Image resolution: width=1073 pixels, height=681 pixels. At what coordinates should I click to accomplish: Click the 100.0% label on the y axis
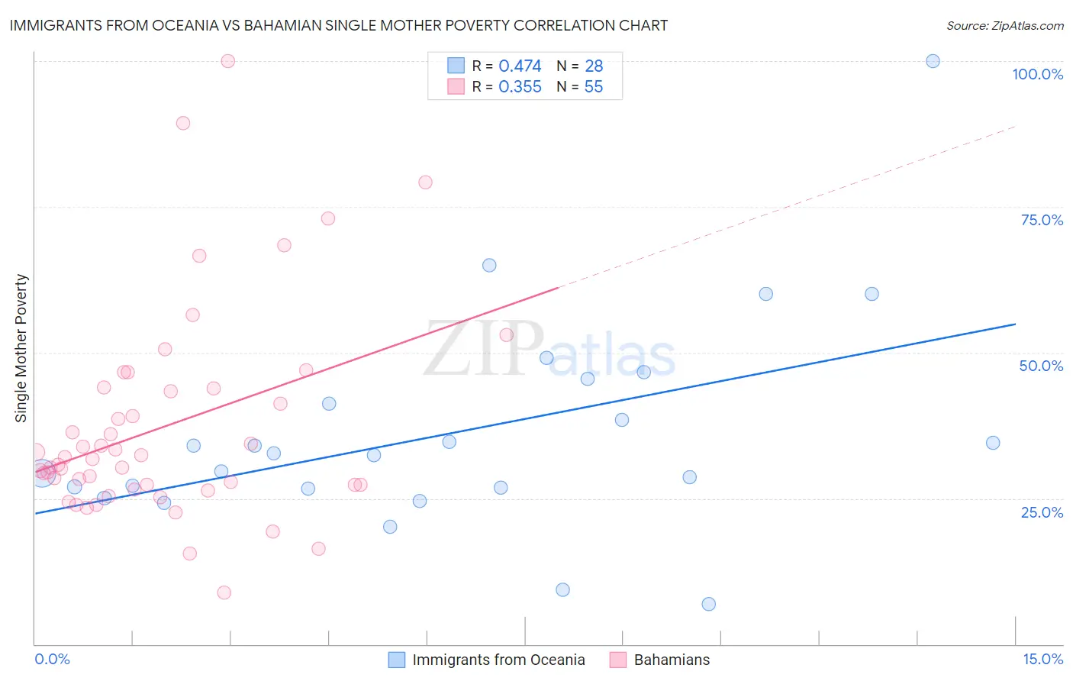click(1037, 74)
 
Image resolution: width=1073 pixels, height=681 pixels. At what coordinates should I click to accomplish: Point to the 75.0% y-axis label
click(1042, 220)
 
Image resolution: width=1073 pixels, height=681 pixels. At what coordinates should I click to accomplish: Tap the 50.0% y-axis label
click(1041, 366)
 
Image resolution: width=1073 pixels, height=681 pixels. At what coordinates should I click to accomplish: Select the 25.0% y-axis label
click(1042, 512)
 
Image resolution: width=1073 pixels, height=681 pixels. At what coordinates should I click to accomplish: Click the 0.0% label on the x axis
click(52, 659)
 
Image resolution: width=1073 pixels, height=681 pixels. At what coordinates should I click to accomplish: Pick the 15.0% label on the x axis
click(1042, 659)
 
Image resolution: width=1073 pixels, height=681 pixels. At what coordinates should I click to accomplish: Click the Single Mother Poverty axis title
click(21, 348)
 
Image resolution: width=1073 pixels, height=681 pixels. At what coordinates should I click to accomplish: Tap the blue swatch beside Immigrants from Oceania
click(397, 660)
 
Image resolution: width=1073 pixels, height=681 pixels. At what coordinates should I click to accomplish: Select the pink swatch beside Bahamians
click(618, 660)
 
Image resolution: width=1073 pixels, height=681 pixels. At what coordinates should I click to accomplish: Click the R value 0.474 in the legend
click(520, 66)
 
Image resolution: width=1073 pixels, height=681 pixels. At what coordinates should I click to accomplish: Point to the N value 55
click(593, 87)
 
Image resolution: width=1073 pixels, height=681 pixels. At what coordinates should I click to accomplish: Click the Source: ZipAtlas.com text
click(1004, 26)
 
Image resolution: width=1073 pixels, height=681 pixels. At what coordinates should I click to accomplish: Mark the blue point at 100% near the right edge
click(933, 61)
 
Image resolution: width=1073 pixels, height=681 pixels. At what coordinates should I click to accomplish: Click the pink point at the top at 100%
click(227, 61)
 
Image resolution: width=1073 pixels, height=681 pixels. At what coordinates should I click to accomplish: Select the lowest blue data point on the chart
click(708, 604)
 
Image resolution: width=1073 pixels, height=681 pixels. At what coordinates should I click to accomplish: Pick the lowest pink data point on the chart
click(224, 592)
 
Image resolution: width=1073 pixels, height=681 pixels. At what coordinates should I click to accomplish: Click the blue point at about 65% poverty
click(489, 266)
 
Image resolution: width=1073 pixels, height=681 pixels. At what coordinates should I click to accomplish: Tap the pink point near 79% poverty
click(425, 182)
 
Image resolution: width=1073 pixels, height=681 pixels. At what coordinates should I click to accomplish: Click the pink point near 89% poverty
click(183, 123)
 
